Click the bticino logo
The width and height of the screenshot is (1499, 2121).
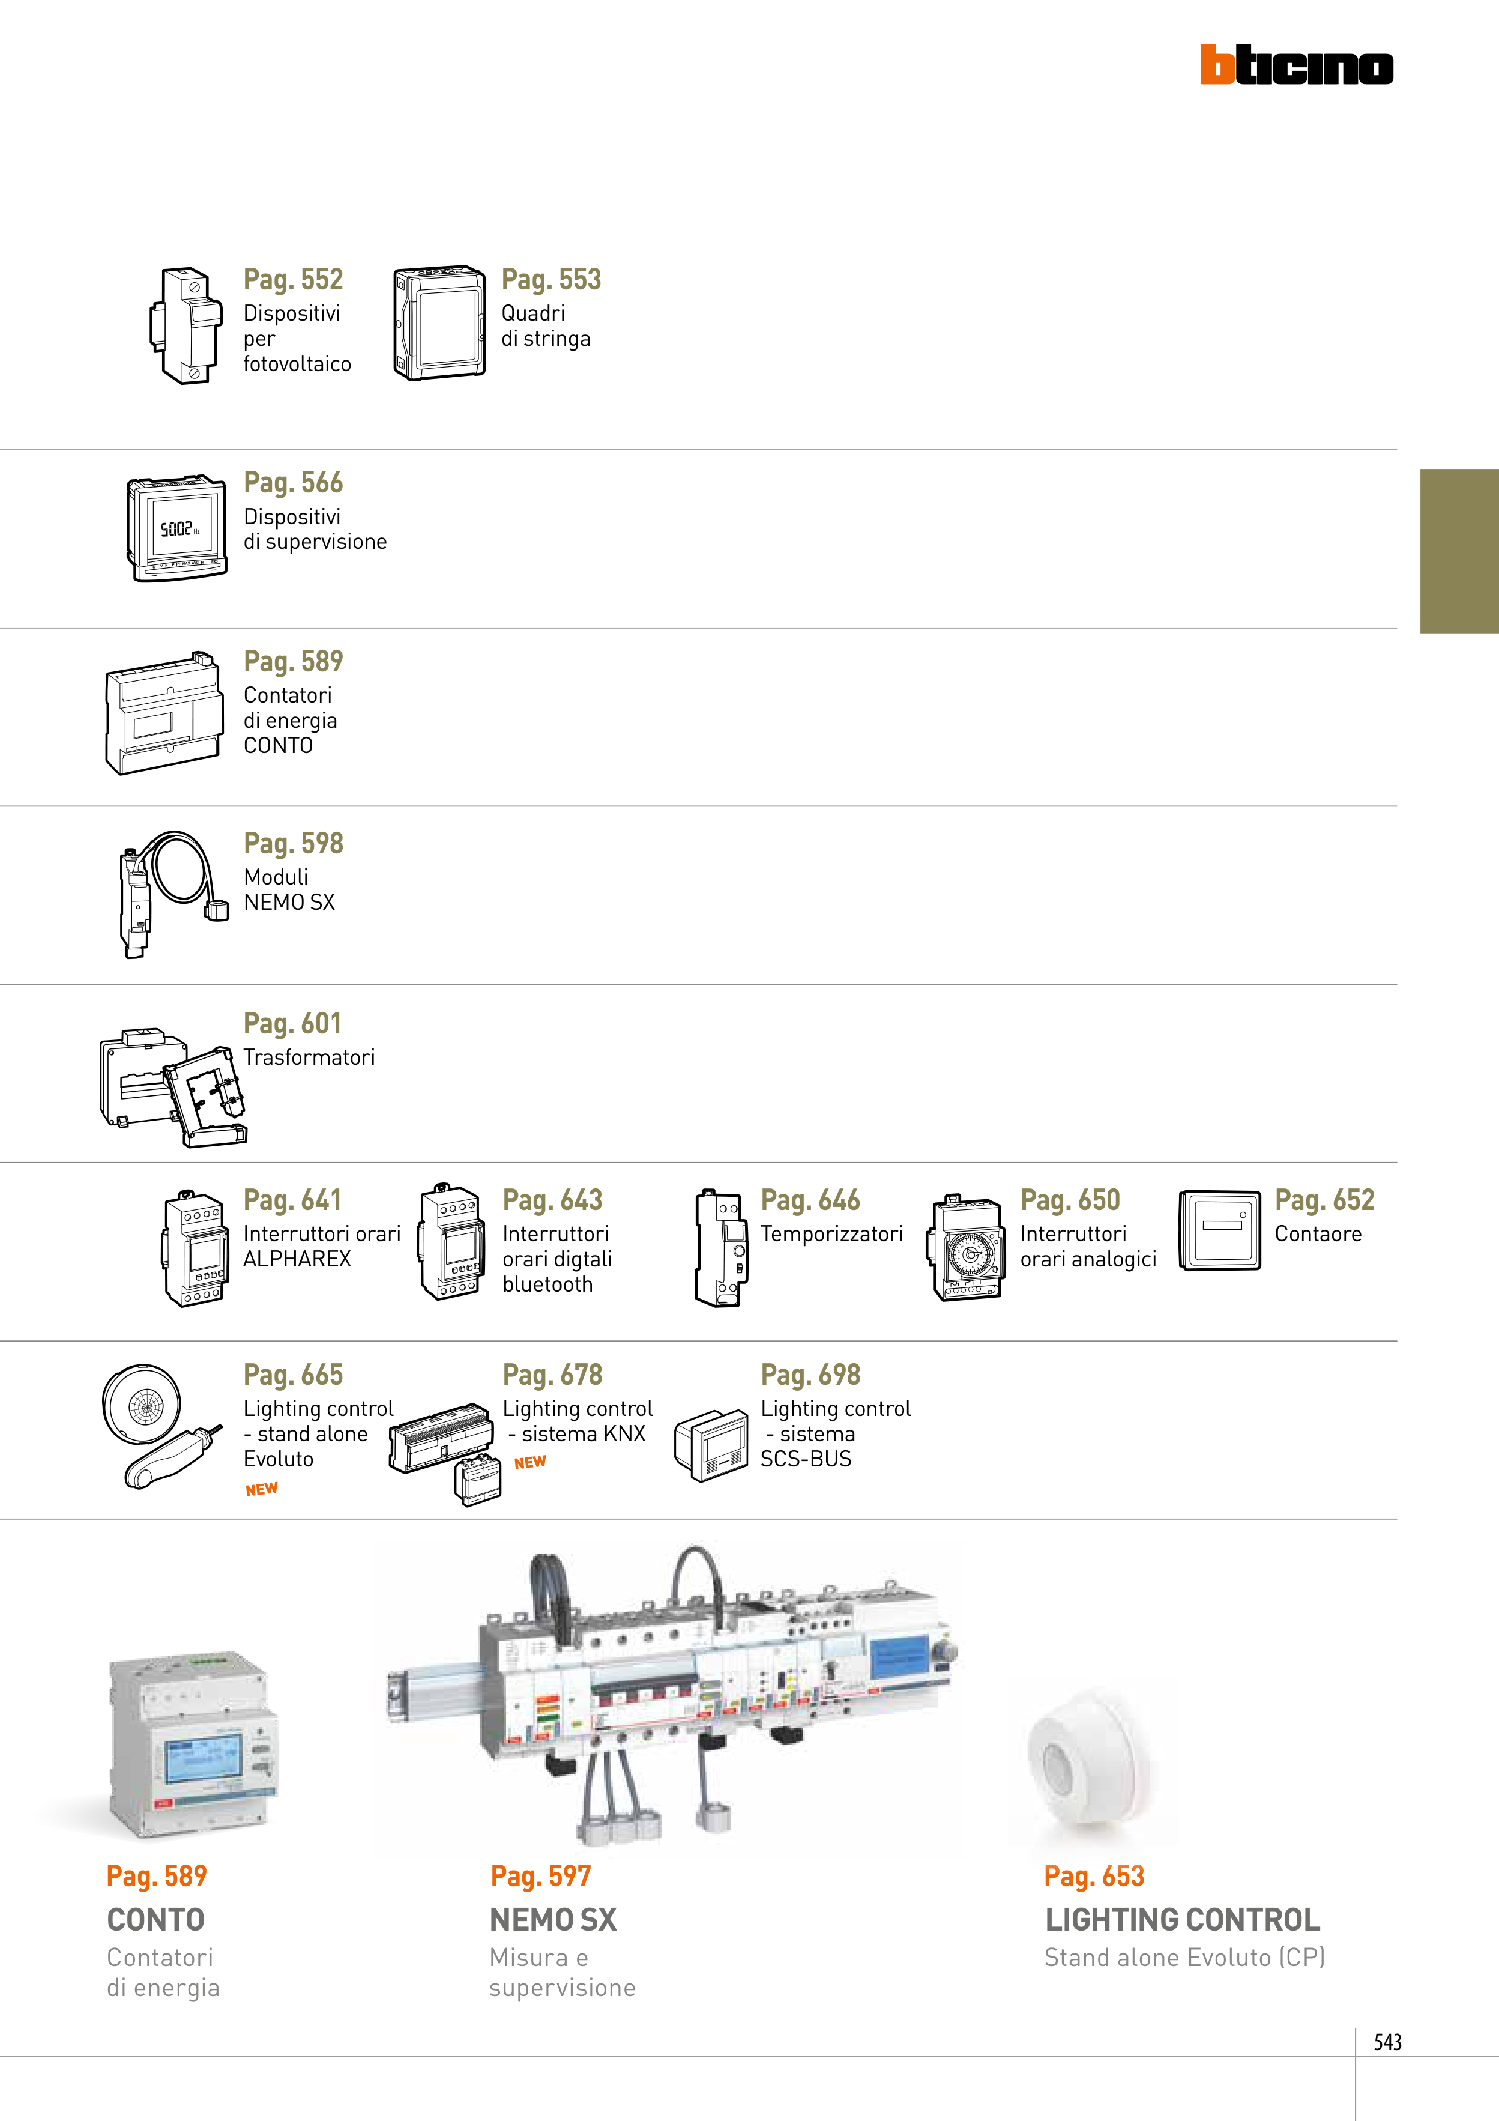(x=1296, y=65)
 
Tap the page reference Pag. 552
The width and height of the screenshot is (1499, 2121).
(x=293, y=279)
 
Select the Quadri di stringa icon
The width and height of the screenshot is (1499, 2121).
(x=439, y=323)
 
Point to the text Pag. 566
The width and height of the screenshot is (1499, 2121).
(x=293, y=482)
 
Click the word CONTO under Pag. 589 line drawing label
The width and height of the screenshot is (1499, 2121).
(x=278, y=745)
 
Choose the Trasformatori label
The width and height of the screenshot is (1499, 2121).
(x=309, y=1057)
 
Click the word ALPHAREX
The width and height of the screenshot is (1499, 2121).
(x=297, y=1259)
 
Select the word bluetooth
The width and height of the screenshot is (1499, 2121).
(x=547, y=1284)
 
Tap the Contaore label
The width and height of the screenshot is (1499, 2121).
(x=1318, y=1234)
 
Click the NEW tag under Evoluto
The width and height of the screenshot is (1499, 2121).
(x=261, y=1489)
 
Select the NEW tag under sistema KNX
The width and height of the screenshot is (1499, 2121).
(x=530, y=1462)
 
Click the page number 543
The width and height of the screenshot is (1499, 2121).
(x=1387, y=2042)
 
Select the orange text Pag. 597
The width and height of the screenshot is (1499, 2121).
(x=540, y=1876)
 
